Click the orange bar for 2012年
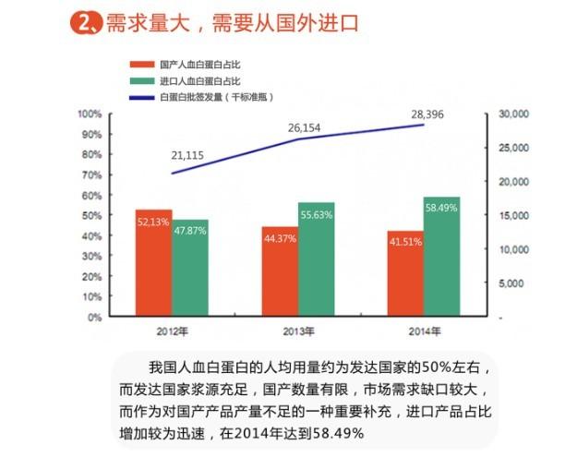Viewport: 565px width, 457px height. (x=154, y=263)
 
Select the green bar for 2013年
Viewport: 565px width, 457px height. (x=317, y=259)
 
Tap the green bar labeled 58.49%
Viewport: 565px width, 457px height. (x=442, y=257)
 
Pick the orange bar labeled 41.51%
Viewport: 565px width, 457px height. (x=405, y=273)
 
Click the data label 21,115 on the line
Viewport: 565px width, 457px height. (x=187, y=156)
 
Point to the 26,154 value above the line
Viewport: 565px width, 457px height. (x=304, y=128)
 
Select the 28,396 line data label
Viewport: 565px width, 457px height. (x=427, y=114)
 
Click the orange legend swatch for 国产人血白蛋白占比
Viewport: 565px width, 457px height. (x=142, y=65)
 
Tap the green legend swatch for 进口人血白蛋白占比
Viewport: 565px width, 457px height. (x=142, y=80)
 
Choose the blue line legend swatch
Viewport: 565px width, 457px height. (x=142, y=97)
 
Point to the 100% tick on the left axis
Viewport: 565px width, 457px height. (x=90, y=114)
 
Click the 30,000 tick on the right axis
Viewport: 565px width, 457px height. (x=514, y=114)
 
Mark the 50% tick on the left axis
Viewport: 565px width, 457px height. (x=92, y=215)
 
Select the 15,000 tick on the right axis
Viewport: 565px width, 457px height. (x=514, y=215)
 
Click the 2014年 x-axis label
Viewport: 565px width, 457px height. (x=425, y=331)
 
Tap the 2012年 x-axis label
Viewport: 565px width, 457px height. (x=173, y=331)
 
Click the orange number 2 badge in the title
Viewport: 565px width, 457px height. (x=85, y=23)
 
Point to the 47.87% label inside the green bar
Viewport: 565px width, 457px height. (x=190, y=231)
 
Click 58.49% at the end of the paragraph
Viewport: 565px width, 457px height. (x=338, y=433)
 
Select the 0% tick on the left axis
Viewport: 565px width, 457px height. (x=95, y=318)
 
